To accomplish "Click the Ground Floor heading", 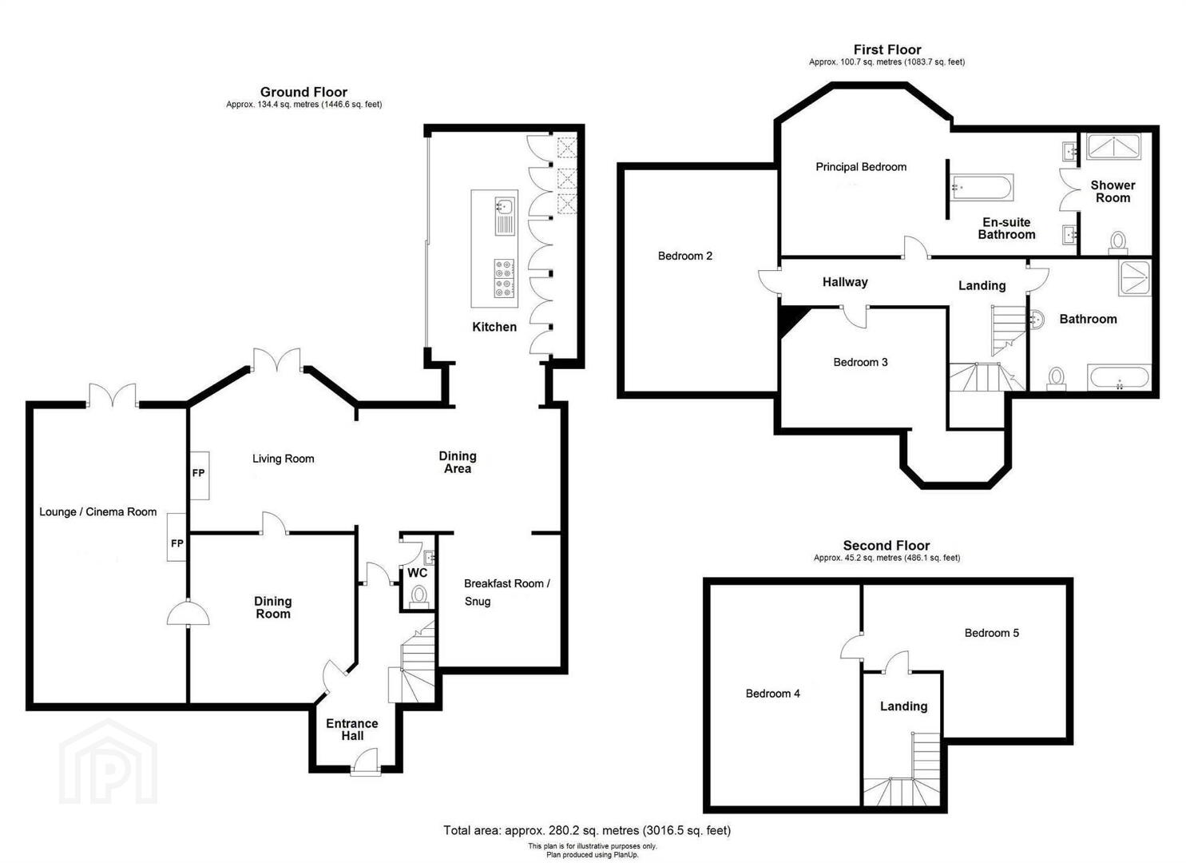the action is point(303,92).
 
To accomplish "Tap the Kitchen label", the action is point(494,327).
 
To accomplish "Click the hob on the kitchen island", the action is point(504,278).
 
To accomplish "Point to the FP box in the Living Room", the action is point(199,475).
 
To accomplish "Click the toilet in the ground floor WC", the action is point(419,595).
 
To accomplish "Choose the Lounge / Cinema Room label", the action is point(98,511).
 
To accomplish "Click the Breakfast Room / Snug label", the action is point(506,592).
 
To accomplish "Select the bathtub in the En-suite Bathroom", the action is point(982,188).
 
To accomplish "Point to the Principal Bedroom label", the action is point(861,167).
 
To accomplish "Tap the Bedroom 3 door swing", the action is point(855,316).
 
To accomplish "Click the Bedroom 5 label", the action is point(992,633).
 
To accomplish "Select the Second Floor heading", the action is point(887,546).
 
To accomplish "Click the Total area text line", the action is point(587,830).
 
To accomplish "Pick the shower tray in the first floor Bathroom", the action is point(1134,278).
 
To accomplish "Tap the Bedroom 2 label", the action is point(685,256).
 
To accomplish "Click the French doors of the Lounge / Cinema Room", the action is point(113,395).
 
